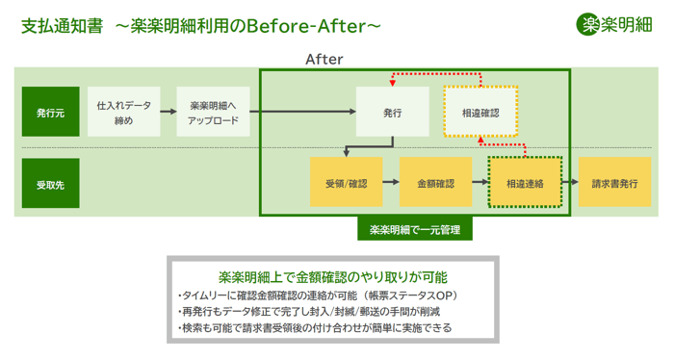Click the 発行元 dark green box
point(51,112)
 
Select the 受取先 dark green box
point(51,184)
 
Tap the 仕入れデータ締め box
point(124,112)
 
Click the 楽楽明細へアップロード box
point(213,112)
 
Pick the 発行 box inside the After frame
point(393,112)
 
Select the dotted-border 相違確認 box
point(480,112)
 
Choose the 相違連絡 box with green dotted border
point(526,182)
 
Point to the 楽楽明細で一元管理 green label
point(415,229)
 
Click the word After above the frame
point(324,60)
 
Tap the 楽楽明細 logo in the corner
point(614,24)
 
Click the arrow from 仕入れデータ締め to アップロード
point(168,112)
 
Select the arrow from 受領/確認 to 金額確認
point(391,182)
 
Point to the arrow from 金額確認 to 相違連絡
point(480,182)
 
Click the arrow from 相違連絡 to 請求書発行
point(570,182)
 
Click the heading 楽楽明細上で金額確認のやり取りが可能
point(333,277)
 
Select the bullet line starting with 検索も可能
point(315,328)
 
